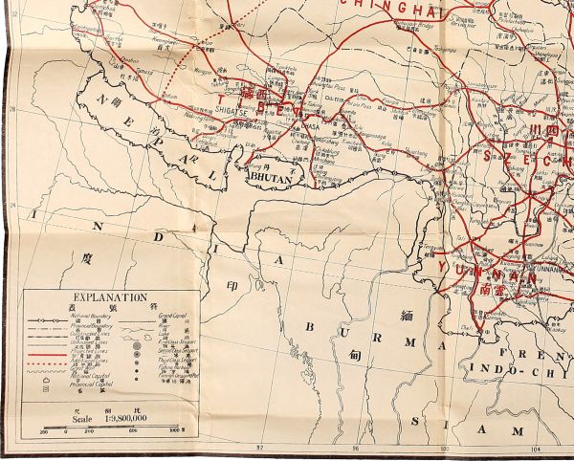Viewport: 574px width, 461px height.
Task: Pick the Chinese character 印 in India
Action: point(231,285)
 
